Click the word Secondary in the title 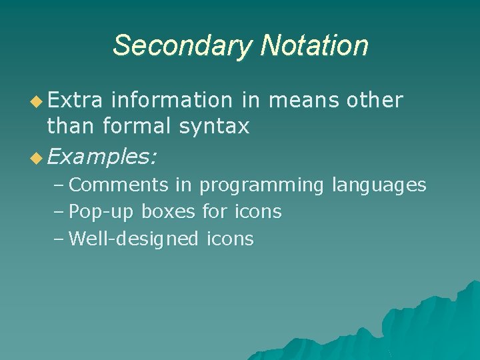[183, 46]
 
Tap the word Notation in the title [314, 46]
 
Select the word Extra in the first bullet [75, 100]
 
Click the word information [171, 100]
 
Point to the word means [304, 100]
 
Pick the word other [375, 100]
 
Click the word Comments [118, 185]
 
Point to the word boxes [169, 212]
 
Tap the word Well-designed [133, 239]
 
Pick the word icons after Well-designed [231, 239]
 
